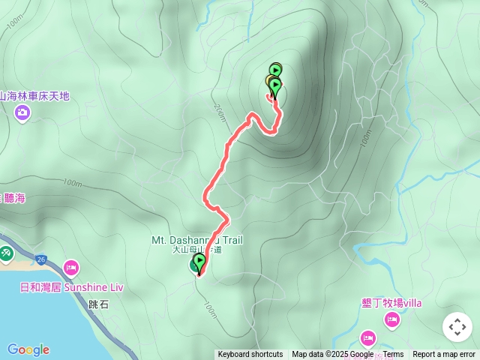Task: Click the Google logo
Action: click(x=28, y=349)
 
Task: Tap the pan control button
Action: click(x=457, y=327)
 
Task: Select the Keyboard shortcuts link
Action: click(x=250, y=355)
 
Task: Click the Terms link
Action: click(x=393, y=355)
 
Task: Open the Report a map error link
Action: click(x=444, y=355)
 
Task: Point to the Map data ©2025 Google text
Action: click(x=332, y=355)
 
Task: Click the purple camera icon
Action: click(x=22, y=112)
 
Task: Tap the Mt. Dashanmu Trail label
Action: click(x=197, y=240)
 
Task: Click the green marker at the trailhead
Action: click(x=199, y=262)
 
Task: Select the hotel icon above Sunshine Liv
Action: click(x=71, y=267)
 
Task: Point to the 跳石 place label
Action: click(x=98, y=304)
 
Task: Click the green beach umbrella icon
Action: click(x=5, y=254)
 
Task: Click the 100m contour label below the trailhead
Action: click(x=209, y=310)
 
